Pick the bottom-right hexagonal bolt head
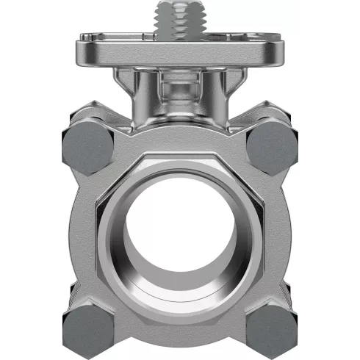[x=272, y=328]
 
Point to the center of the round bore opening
[x=180, y=235]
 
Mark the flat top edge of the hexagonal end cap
[x=180, y=156]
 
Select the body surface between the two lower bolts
[x=180, y=334]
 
